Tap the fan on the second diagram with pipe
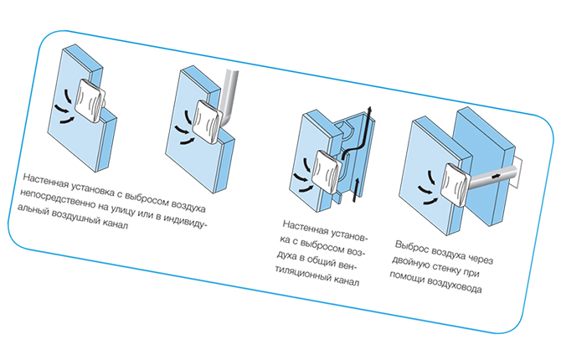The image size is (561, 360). tap(208, 122)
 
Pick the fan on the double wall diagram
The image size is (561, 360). tap(455, 185)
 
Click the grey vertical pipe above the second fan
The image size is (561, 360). tap(229, 96)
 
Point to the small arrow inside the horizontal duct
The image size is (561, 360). tap(496, 176)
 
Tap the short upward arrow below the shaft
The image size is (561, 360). tap(356, 190)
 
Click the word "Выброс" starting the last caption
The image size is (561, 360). tap(411, 248)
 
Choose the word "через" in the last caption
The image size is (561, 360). tap(480, 259)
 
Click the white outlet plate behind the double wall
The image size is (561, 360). tap(518, 174)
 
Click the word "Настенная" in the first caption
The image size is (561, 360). tap(45, 181)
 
